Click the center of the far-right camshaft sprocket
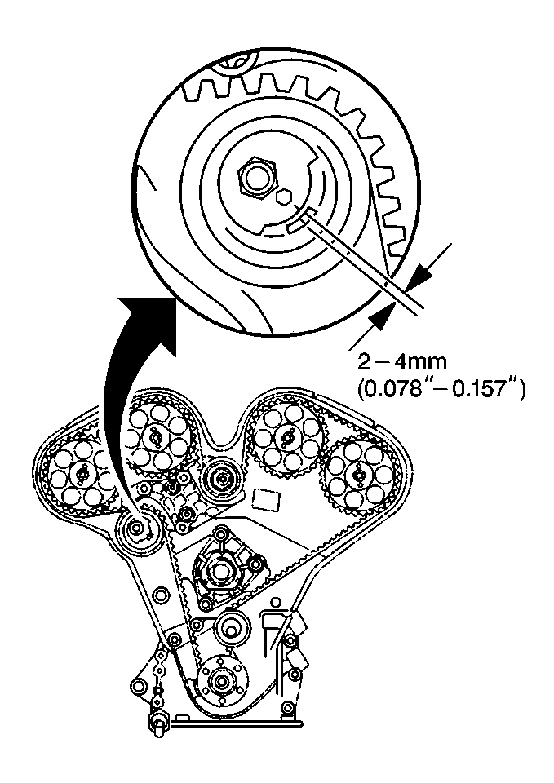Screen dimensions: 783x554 pos(356,472)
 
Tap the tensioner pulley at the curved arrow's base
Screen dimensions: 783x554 pos(135,529)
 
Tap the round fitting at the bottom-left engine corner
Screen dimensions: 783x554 pos(156,720)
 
